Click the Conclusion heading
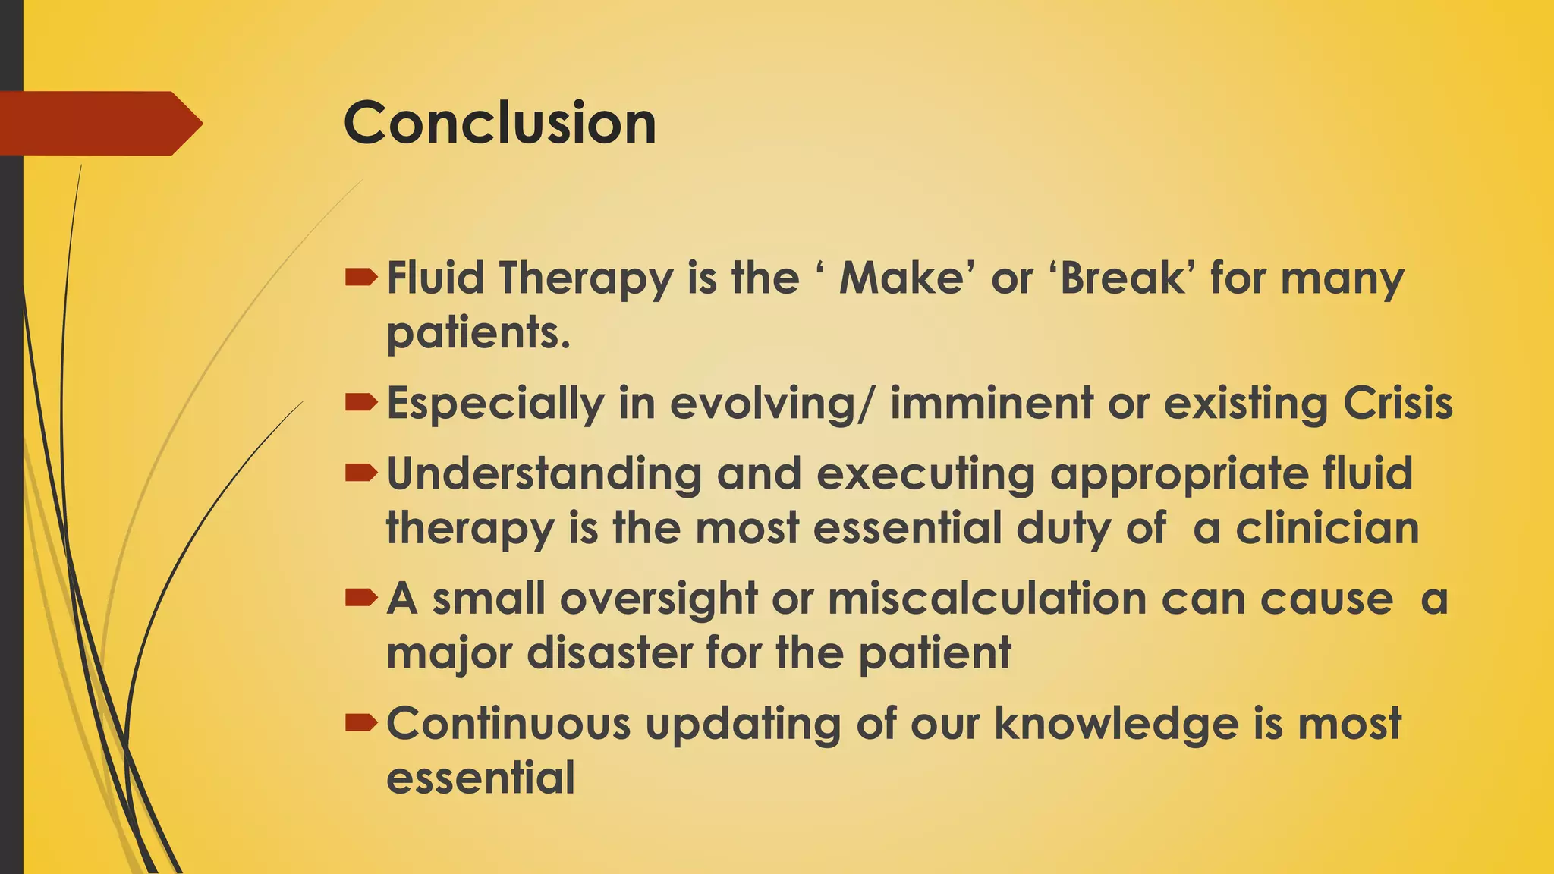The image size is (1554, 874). pos(499,123)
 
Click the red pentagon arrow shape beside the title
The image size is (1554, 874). pos(99,123)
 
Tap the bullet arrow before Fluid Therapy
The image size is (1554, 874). pos(360,278)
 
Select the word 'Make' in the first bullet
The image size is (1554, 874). pos(901,278)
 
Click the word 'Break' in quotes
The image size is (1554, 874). pos(1121,278)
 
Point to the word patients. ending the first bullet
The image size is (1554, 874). pos(478,332)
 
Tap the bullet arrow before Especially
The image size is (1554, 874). pos(360,403)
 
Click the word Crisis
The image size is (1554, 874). pos(1398,403)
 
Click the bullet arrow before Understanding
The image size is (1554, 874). pos(360,474)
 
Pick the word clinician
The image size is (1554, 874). pos(1327,528)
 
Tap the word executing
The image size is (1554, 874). pos(926,474)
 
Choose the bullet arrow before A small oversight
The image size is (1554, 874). pos(360,599)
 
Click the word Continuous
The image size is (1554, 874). pos(508,723)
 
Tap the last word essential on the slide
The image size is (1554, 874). pos(480,778)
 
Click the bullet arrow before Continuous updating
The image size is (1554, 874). pos(360,724)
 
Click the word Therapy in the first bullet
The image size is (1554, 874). pos(585,279)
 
